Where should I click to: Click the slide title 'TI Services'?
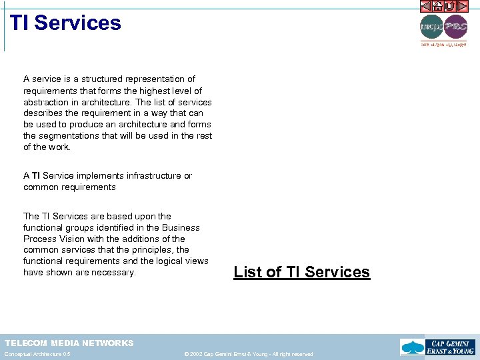(x=65, y=23)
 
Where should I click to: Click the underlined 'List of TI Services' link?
(x=301, y=272)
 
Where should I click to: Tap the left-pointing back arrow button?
(x=426, y=7)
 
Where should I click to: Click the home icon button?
(x=438, y=7)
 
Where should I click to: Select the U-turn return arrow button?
(x=450, y=7)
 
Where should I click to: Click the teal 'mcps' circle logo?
(x=431, y=27)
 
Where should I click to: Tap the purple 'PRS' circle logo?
(x=455, y=27)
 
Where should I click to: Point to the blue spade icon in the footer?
(x=411, y=347)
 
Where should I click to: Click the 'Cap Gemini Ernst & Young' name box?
(x=450, y=347)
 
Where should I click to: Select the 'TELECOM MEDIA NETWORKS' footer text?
(x=69, y=343)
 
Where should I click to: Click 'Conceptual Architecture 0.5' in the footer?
(x=37, y=354)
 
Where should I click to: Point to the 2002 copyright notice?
(x=248, y=354)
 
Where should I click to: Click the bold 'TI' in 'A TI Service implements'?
(x=36, y=176)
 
